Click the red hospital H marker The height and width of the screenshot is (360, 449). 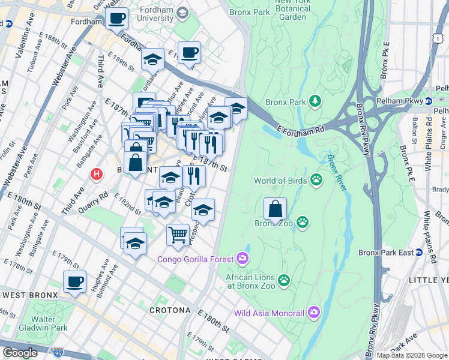(95, 175)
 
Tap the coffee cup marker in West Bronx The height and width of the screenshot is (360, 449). (74, 282)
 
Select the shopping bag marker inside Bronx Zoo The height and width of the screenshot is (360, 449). (275, 209)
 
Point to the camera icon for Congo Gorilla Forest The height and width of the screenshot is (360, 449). (243, 259)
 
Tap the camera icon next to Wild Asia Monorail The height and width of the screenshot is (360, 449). (313, 312)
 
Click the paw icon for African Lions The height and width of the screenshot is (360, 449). (283, 280)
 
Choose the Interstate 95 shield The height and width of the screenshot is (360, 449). (58, 352)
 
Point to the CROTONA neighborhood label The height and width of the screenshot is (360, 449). (169, 311)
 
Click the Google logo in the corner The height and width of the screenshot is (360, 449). (20, 353)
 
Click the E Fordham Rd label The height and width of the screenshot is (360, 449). (300, 130)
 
